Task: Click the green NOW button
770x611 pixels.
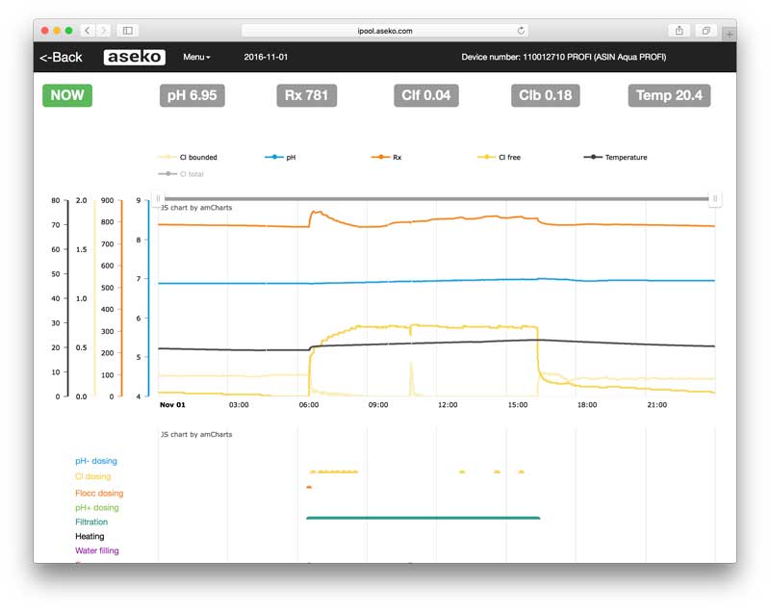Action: [67, 95]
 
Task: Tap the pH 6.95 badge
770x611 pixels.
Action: [192, 95]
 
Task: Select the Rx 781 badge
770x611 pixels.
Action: [308, 95]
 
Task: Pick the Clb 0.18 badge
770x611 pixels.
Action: [545, 95]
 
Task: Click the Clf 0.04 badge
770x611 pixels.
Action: [426, 95]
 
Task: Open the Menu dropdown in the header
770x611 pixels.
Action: [196, 58]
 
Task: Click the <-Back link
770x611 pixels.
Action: [61, 58]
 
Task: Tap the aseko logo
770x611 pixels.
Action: [134, 58]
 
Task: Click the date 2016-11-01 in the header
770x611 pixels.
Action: [266, 58]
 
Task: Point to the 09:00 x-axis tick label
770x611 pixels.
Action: [378, 405]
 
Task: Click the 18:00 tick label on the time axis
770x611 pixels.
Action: [586, 405]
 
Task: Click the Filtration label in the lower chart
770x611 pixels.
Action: [91, 522]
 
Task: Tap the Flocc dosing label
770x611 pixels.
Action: [99, 494]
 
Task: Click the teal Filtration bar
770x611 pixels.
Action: [423, 519]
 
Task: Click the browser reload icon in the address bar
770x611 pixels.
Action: [522, 31]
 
